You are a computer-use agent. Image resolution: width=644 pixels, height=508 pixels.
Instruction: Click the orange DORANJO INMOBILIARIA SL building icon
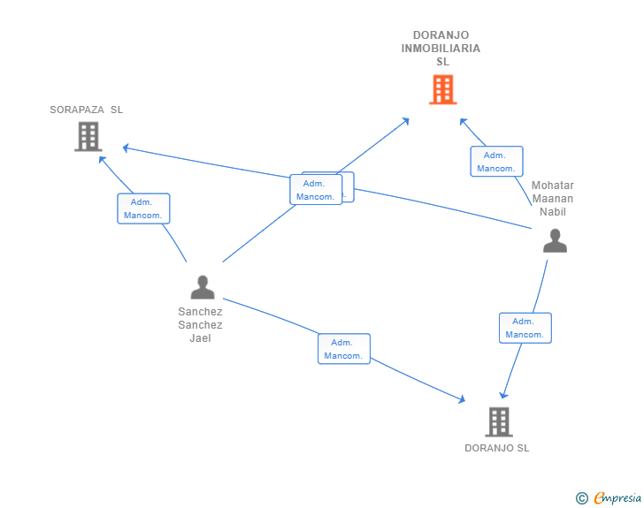click(x=442, y=89)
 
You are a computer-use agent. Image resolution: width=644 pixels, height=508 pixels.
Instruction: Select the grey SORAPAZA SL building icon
click(x=88, y=136)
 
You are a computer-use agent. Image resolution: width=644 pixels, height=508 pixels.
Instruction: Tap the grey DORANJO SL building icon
click(x=499, y=421)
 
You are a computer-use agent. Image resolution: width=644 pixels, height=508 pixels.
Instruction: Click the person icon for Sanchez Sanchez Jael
click(x=203, y=287)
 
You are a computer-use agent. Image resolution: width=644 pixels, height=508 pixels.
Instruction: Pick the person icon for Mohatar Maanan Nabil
click(x=555, y=240)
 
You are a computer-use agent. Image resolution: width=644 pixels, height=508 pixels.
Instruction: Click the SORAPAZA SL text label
click(x=87, y=110)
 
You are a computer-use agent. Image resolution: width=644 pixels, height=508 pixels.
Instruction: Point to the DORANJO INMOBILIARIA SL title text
click(x=441, y=49)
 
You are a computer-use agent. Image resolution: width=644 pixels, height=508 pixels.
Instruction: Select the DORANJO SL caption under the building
click(x=497, y=448)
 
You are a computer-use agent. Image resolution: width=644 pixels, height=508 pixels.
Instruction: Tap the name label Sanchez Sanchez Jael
click(x=200, y=324)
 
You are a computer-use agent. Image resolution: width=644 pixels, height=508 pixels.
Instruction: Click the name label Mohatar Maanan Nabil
click(x=553, y=199)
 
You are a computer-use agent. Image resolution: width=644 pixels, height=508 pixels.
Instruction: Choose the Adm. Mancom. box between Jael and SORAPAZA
click(x=143, y=209)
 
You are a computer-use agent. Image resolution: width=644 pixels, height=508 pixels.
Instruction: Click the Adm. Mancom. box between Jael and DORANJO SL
click(x=344, y=349)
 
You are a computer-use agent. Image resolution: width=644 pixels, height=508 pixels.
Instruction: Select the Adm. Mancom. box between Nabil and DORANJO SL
click(x=525, y=328)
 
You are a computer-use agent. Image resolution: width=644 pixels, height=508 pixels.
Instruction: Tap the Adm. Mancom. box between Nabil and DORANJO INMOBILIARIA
click(x=496, y=162)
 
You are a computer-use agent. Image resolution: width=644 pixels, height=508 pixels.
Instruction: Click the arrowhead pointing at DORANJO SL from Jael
click(x=462, y=400)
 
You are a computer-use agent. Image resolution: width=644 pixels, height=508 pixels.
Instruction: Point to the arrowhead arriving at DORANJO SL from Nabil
click(x=503, y=395)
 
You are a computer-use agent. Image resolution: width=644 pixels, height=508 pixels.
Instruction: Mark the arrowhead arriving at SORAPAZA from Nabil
click(x=126, y=147)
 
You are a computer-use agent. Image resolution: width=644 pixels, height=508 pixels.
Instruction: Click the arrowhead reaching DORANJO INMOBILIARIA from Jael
click(x=406, y=119)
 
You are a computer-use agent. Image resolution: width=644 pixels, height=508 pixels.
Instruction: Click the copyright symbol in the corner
click(x=581, y=498)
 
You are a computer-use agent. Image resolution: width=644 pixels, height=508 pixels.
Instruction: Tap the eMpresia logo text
click(x=617, y=498)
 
